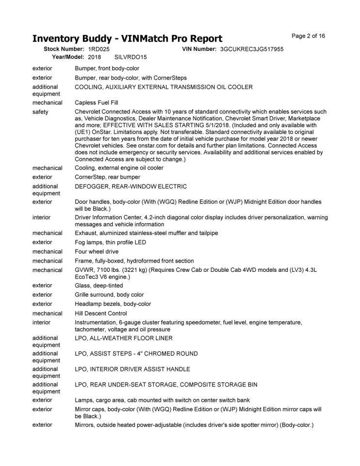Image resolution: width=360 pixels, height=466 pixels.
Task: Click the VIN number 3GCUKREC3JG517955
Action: tap(252, 49)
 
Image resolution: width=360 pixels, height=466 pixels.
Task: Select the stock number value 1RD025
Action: tap(99, 49)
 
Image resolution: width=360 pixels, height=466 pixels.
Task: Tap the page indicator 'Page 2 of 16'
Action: tap(309, 36)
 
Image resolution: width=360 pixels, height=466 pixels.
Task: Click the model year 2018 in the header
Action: tap(95, 57)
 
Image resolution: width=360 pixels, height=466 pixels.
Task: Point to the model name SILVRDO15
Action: tap(130, 57)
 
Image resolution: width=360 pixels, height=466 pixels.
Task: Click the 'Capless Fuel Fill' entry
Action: tap(97, 102)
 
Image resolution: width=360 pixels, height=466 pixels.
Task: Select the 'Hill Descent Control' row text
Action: tap(100, 313)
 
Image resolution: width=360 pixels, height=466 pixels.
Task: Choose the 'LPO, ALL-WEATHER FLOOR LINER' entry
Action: tap(124, 338)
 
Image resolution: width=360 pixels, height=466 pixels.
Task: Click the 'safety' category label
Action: tap(40, 112)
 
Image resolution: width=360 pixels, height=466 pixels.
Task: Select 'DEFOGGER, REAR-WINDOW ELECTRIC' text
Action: tap(131, 186)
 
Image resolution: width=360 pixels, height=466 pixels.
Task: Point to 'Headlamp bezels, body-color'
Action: tap(113, 304)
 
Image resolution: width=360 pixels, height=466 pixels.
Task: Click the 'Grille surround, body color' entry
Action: tap(109, 295)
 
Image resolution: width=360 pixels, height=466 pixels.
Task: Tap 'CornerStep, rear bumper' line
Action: tap(107, 177)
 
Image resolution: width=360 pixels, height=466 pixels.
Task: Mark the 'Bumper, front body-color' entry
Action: tap(107, 68)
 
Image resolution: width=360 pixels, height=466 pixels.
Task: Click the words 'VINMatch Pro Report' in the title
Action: tap(171, 38)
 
